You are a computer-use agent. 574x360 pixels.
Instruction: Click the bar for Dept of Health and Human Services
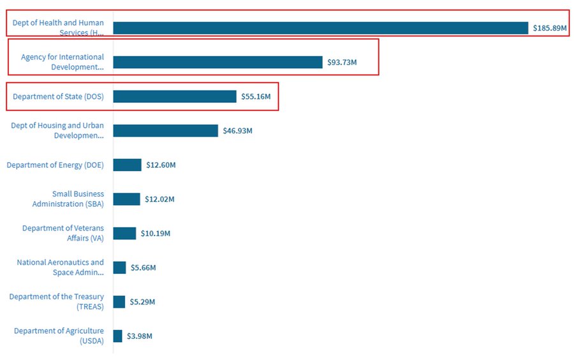coord(321,28)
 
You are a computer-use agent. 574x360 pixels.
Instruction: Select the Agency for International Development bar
coord(217,62)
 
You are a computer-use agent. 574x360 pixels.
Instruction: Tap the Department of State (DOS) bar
coord(175,96)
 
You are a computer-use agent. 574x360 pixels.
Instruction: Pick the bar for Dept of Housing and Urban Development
coord(165,130)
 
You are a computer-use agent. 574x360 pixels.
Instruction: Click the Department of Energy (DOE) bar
coord(127,165)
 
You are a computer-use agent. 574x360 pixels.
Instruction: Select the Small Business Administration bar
coord(126,199)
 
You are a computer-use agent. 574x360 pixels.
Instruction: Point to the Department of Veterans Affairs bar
coord(124,233)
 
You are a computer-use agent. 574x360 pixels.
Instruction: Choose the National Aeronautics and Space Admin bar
coord(119,267)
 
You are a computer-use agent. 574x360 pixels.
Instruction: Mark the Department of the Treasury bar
coord(119,301)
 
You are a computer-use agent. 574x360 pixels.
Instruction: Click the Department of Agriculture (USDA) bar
coord(117,336)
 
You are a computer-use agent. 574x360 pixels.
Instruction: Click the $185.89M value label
coord(550,28)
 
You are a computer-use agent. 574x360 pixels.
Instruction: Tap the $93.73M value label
coord(342,63)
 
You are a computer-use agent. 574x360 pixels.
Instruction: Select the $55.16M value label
coord(256,96)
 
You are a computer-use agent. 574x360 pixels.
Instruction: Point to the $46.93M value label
coord(237,131)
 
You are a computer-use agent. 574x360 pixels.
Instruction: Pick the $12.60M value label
coord(161,165)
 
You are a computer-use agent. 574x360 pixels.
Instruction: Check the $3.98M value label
coord(140,336)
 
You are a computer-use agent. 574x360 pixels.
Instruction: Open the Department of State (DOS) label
coord(59,96)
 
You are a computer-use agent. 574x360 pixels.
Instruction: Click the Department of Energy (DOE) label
coord(55,165)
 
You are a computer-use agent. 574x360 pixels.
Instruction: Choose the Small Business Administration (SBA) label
coord(68,199)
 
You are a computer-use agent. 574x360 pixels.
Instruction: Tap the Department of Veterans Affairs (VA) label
coord(63,233)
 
